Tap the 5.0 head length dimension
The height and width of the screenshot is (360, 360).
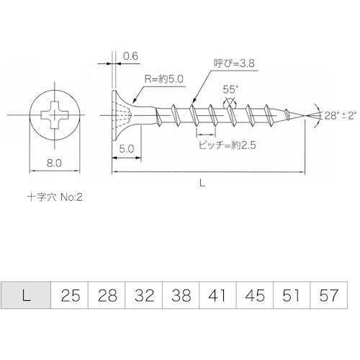[125, 148]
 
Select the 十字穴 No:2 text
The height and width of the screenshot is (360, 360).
[55, 195]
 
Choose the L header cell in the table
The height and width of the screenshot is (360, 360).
[27, 296]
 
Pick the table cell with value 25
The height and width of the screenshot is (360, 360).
[69, 296]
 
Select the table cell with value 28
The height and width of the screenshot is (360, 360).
[106, 296]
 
